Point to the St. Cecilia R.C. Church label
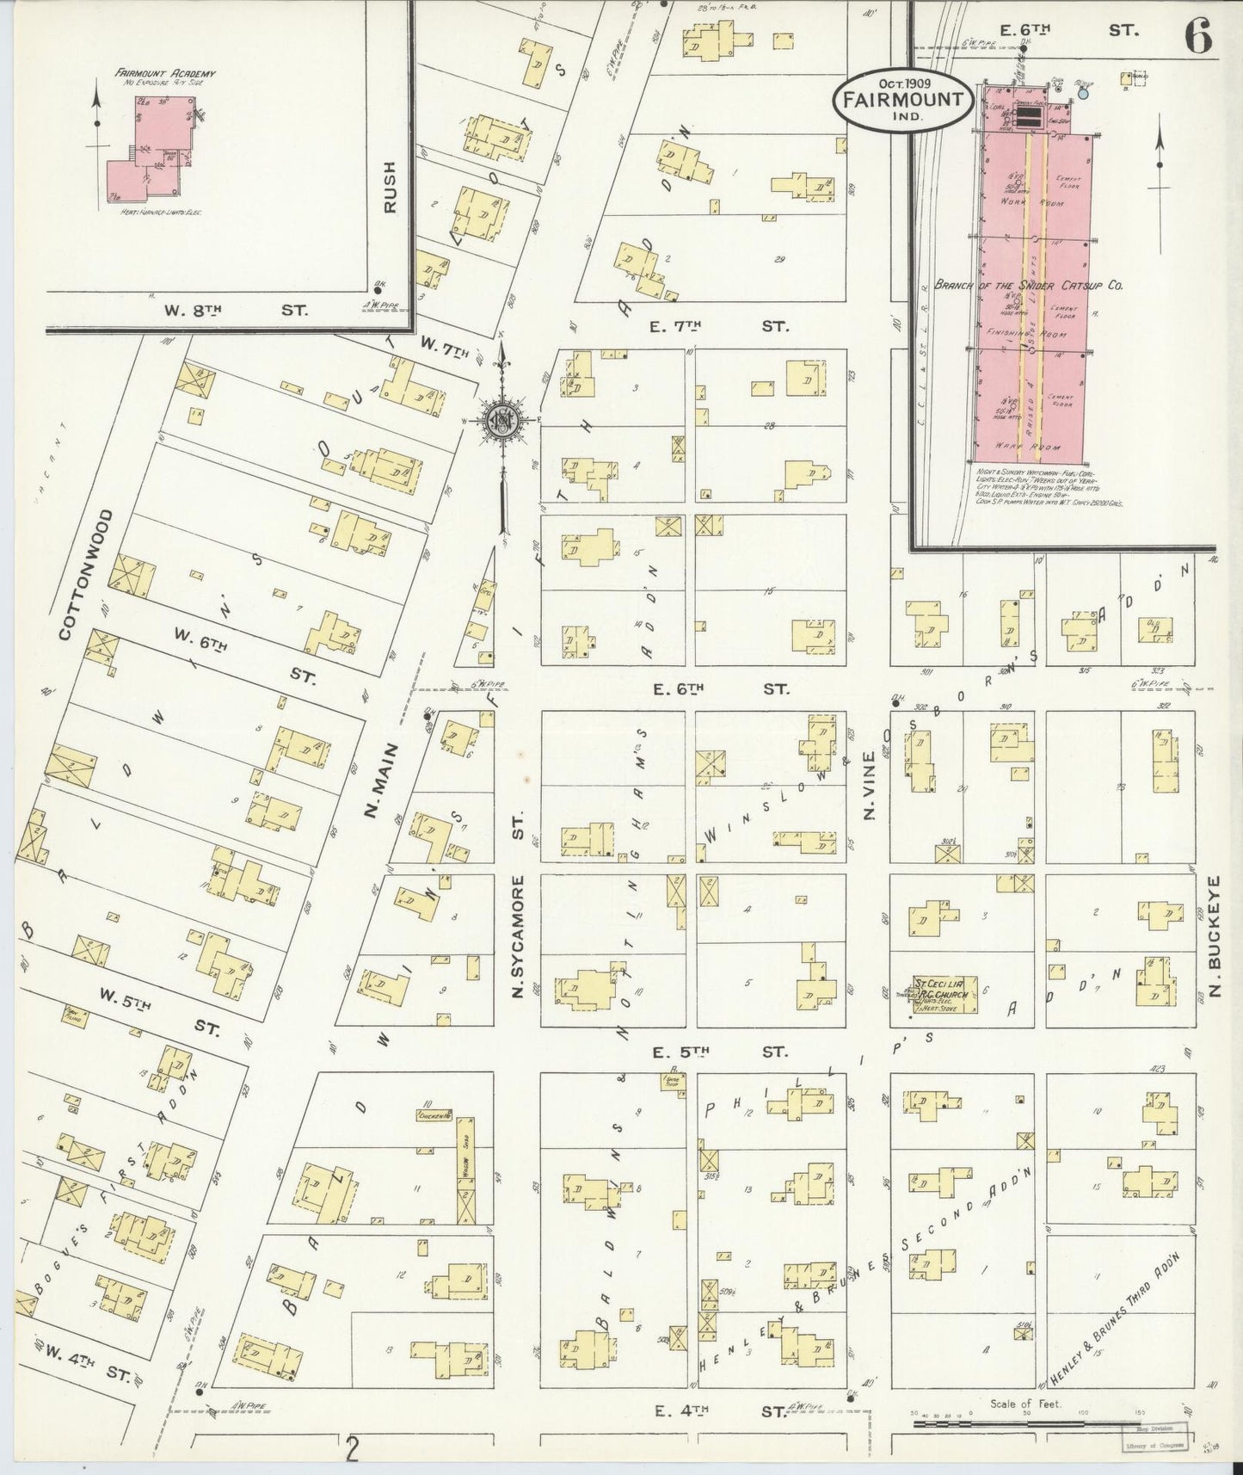(940, 989)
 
